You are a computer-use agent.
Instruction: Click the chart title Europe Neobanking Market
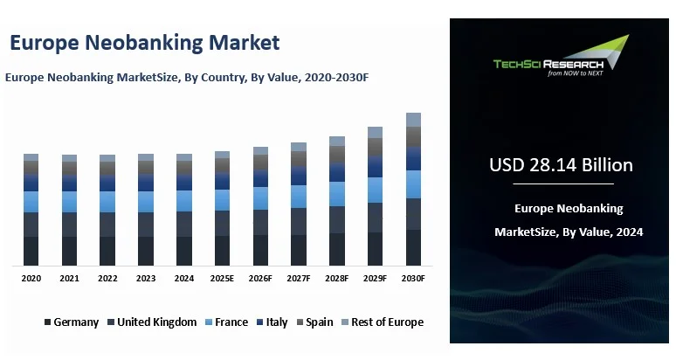click(x=144, y=42)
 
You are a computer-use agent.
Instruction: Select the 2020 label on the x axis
click(x=31, y=278)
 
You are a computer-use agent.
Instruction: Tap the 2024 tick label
click(x=184, y=278)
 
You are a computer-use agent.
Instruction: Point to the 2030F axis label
click(x=413, y=278)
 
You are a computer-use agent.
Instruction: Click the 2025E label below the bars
click(x=222, y=278)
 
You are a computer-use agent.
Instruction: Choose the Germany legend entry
click(x=72, y=322)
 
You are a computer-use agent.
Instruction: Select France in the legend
click(x=226, y=322)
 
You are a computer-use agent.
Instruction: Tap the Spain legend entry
click(x=314, y=322)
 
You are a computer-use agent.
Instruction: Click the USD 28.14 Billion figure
click(x=561, y=164)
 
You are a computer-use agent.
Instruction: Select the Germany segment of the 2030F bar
click(x=413, y=247)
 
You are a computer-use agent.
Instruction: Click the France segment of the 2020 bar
click(x=31, y=202)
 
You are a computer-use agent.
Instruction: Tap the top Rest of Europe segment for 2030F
click(x=413, y=120)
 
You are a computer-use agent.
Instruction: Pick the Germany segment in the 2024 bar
click(x=184, y=251)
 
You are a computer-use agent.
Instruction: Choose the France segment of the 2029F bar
click(x=375, y=190)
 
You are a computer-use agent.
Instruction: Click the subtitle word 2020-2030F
click(x=336, y=78)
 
